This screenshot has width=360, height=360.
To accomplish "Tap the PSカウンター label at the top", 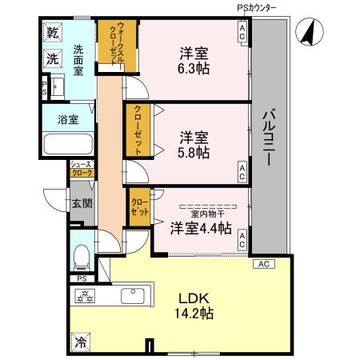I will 257,7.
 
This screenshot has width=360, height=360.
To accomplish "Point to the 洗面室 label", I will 78,59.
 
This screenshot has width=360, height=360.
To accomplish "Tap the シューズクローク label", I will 81,168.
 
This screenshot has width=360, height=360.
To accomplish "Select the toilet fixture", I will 82,255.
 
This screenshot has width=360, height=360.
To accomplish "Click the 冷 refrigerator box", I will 80,340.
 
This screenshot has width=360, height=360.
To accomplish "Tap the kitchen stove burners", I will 84,297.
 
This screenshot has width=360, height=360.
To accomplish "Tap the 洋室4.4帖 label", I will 201,228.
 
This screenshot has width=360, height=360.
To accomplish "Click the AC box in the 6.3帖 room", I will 242,31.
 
